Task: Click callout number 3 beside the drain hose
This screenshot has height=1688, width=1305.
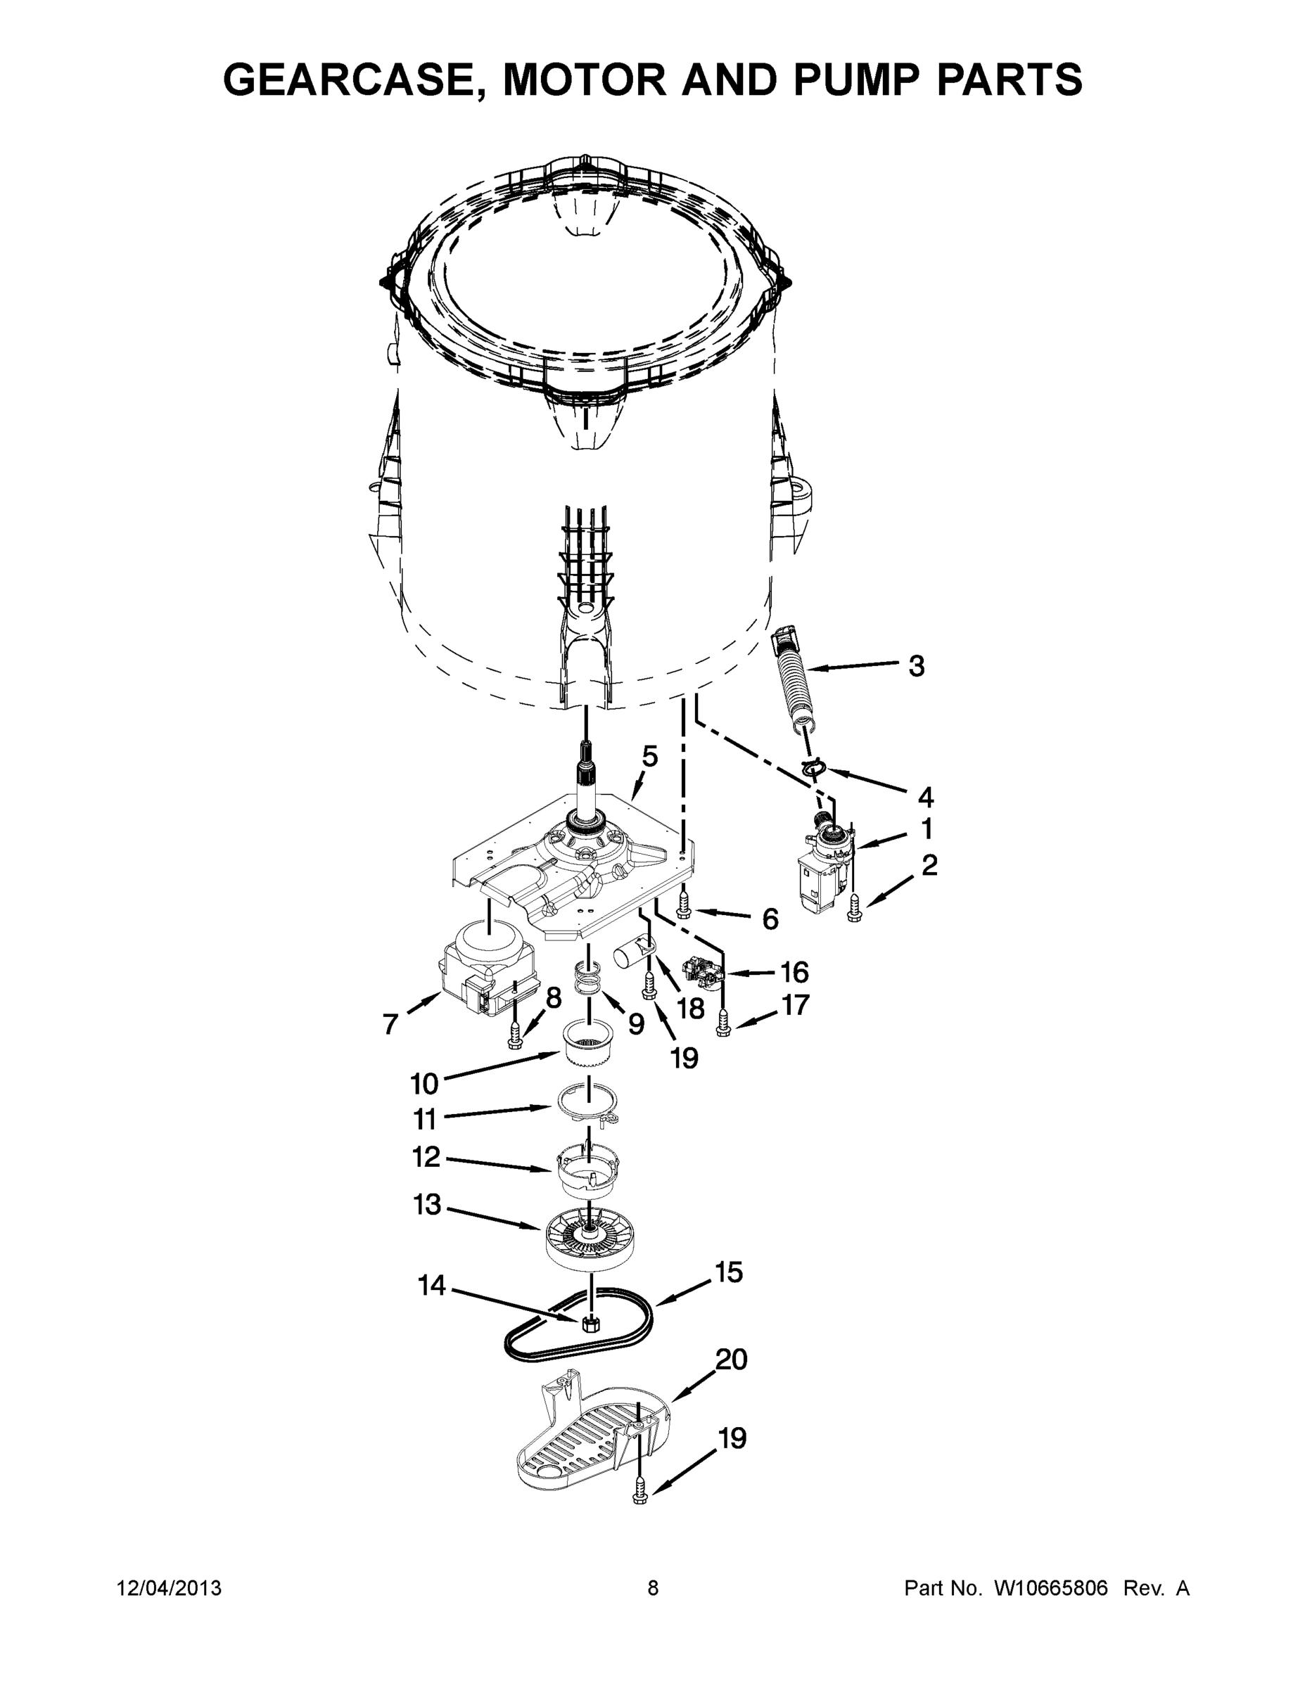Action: (x=916, y=665)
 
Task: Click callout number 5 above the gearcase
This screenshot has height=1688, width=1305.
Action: (x=649, y=756)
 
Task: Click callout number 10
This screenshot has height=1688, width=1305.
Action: (x=424, y=1085)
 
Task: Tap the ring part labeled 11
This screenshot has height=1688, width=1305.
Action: (x=589, y=1111)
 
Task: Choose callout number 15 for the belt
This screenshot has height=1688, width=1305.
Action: (x=728, y=1272)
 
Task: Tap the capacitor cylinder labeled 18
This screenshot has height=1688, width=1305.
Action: (x=630, y=955)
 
